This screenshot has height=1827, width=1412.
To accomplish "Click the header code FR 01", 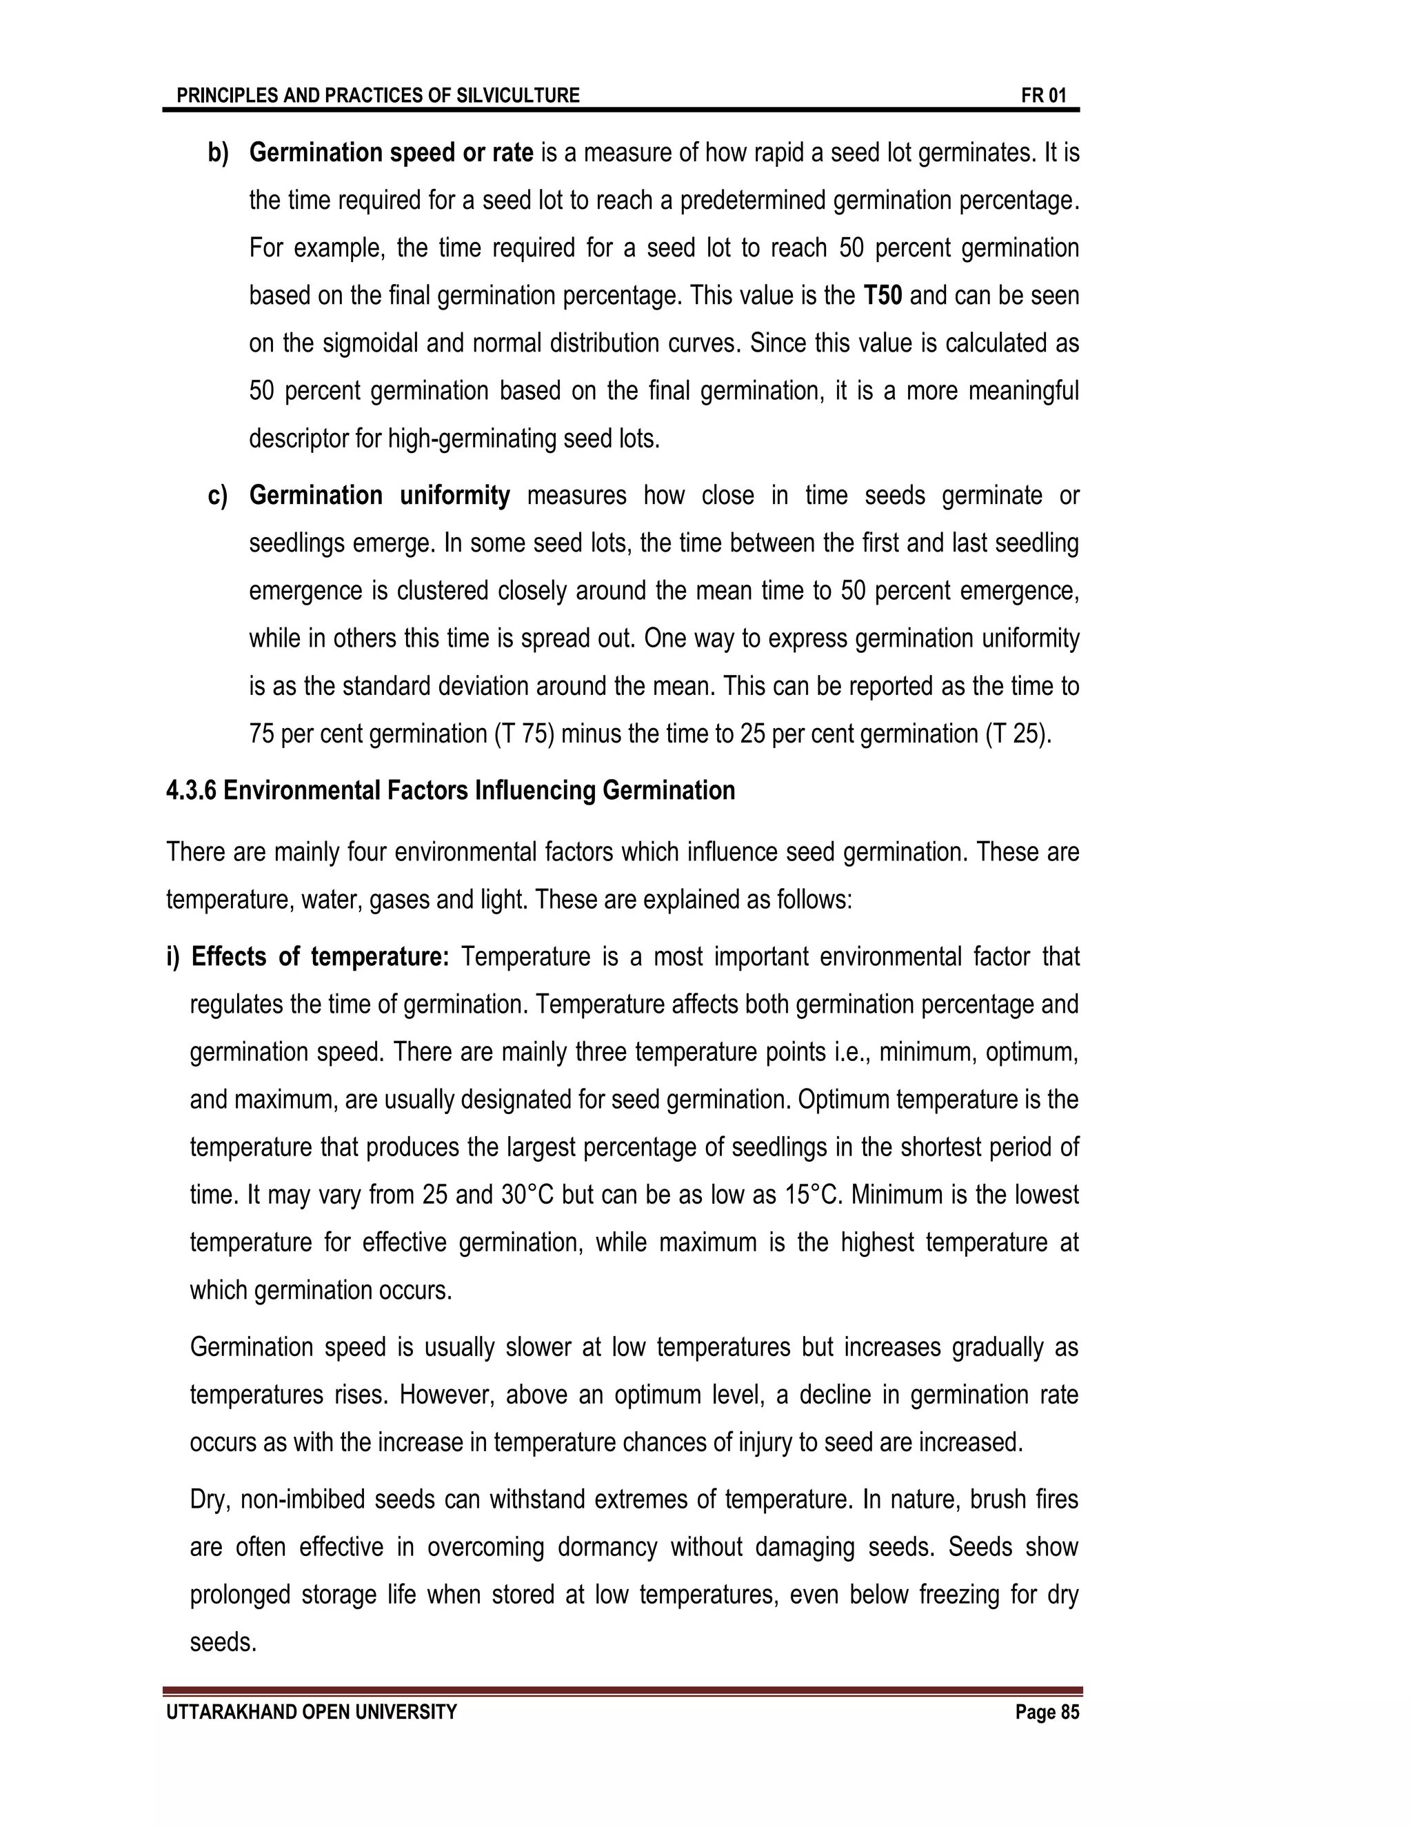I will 1043,95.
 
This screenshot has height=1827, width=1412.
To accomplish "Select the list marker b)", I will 219,153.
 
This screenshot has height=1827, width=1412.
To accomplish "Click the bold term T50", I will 882,296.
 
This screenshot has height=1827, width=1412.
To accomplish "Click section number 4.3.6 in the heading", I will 191,791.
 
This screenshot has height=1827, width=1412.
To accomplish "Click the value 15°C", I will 814,1195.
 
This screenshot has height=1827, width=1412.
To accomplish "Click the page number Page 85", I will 1047,1713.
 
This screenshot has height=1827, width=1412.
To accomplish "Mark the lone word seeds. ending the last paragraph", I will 223,1643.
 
